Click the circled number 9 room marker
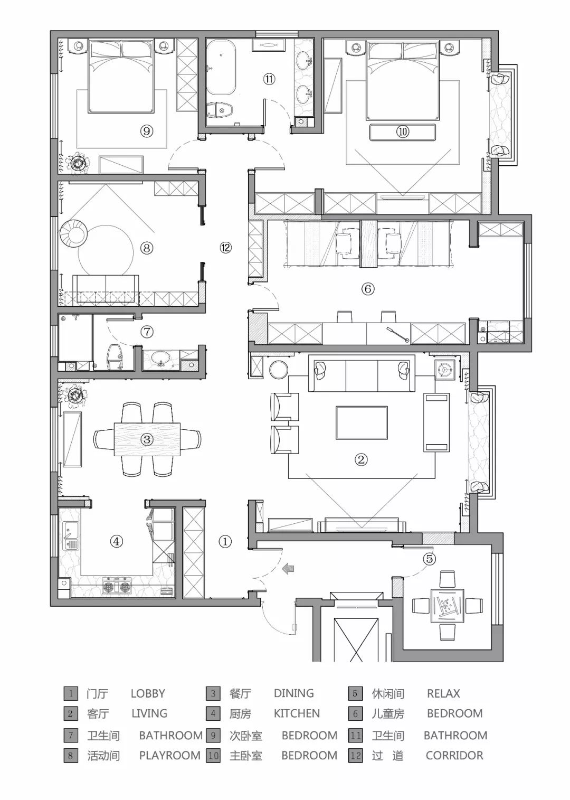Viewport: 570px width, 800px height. (x=146, y=131)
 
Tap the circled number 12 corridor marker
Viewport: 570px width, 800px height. (x=225, y=247)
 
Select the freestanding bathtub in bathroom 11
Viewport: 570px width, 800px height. (x=221, y=68)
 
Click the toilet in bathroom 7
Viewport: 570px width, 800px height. (x=115, y=356)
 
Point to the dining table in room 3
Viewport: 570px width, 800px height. (x=147, y=439)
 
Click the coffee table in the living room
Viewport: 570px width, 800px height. (x=361, y=422)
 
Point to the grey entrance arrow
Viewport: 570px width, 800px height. (x=287, y=568)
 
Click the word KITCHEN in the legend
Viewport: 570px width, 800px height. (x=297, y=713)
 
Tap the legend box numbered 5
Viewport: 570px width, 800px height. (x=355, y=693)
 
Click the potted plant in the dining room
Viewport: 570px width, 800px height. (x=75, y=396)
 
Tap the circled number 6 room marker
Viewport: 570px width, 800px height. (x=368, y=288)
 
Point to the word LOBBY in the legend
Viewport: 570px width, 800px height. (x=148, y=693)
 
